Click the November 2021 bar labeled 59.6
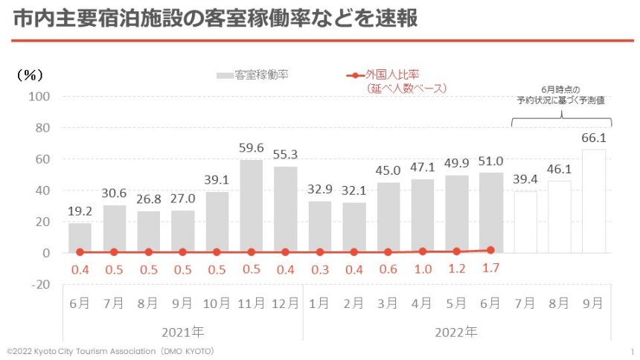tap(251, 206)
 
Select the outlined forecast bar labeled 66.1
tap(593, 201)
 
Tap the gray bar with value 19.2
tap(80, 237)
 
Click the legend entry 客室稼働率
tap(252, 75)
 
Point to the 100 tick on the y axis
tap(39, 97)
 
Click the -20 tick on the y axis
tap(39, 284)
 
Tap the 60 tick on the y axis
tap(42, 159)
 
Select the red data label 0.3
tap(319, 269)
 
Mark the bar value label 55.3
tap(285, 155)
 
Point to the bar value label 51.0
tap(490, 161)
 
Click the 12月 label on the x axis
tap(285, 303)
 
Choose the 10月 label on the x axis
tap(217, 303)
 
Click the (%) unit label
tap(31, 74)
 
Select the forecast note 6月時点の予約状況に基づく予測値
tap(562, 94)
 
